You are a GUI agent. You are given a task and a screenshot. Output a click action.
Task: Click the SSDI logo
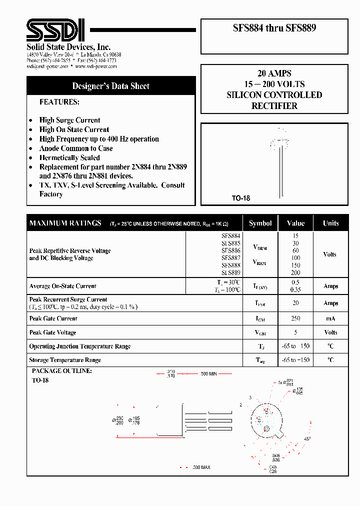[55, 30]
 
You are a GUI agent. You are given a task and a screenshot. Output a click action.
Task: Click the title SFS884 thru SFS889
[274, 28]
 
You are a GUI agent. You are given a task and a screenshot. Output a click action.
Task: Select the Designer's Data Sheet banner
[110, 86]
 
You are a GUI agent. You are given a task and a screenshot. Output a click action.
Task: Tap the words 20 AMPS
[274, 73]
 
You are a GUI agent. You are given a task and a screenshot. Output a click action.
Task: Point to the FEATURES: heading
[59, 101]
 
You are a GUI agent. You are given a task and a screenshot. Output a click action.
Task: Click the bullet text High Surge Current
[69, 120]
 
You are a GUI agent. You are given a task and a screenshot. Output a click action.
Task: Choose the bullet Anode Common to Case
[76, 148]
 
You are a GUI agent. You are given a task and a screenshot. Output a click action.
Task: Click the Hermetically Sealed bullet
[69, 157]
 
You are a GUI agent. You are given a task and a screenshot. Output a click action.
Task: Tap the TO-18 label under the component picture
[240, 198]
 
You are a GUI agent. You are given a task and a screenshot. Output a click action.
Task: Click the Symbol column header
[260, 223]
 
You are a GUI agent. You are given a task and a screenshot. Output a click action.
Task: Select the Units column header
[330, 223]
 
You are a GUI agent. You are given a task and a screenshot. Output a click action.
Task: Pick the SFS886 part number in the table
[230, 250]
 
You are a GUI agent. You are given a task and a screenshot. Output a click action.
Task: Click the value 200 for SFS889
[295, 273]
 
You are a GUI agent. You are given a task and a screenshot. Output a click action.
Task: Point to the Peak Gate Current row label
[53, 318]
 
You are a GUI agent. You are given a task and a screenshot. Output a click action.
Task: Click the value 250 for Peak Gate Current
[295, 318]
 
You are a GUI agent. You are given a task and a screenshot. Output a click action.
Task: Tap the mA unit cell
[330, 318]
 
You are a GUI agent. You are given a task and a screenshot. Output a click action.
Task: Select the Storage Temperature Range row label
[65, 360]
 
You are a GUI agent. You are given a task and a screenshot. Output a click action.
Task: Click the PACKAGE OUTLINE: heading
[61, 371]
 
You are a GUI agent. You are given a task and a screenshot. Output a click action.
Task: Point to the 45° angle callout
[307, 439]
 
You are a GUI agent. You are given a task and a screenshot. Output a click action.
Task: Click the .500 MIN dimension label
[209, 373]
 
